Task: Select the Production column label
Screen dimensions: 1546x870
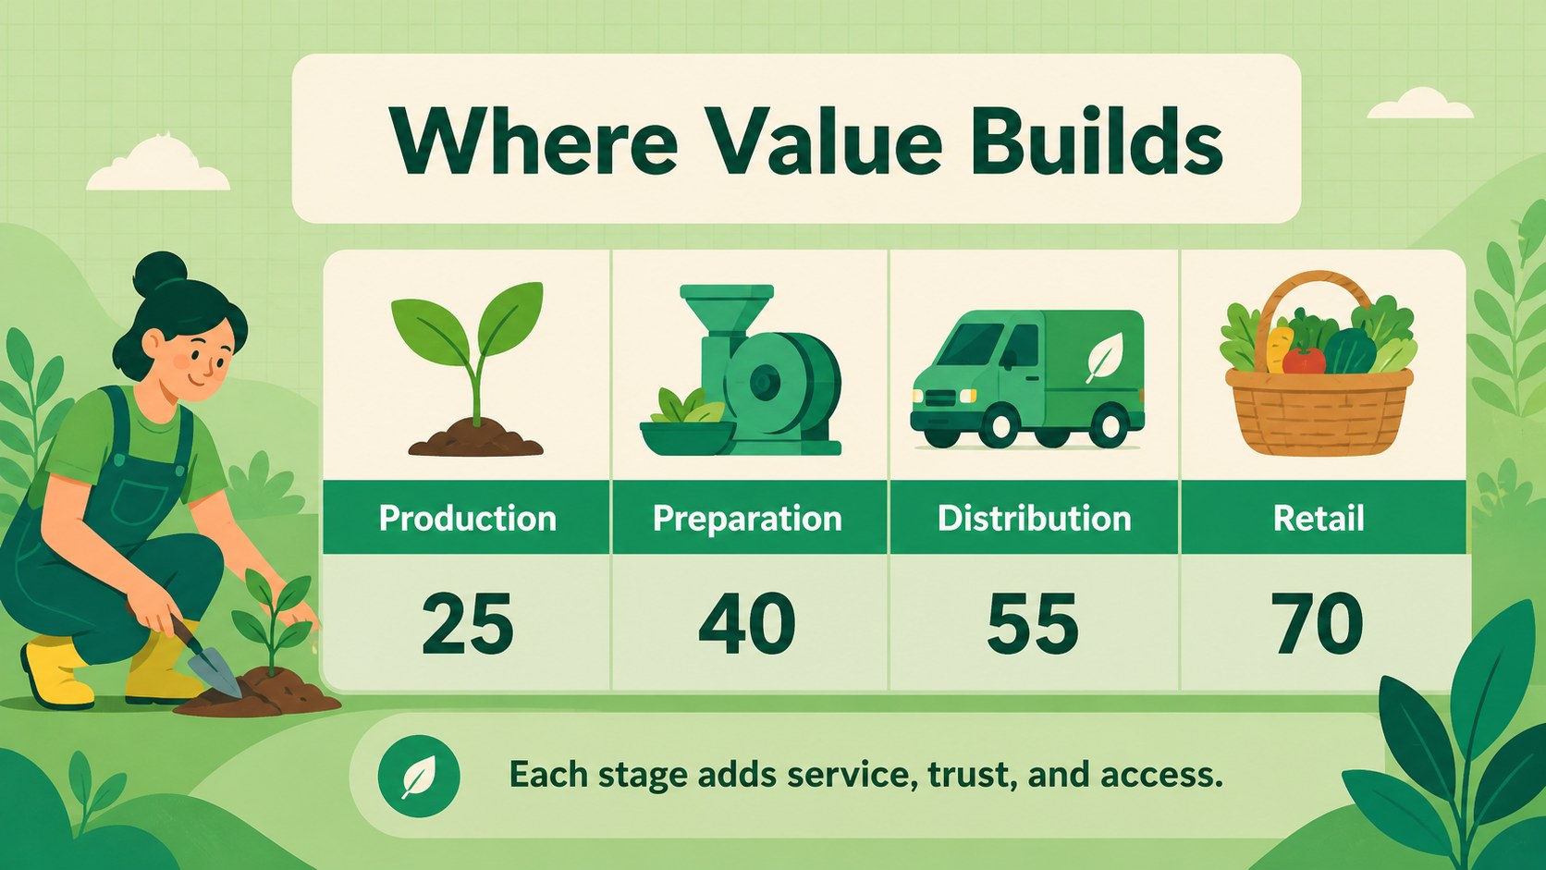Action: pos(468,519)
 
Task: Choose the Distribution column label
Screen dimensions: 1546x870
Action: pos(1035,519)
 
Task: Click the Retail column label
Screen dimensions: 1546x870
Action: pos(1319,519)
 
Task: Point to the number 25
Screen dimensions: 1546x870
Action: pos(468,624)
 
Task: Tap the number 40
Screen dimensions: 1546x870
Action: pos(747,624)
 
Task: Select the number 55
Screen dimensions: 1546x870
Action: pos(1033,624)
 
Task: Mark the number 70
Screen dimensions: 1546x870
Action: pos(1317,624)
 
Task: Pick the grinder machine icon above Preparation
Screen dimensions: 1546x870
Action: pos(742,370)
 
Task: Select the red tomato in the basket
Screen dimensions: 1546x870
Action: pos(1305,361)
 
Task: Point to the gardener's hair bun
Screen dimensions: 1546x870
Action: pos(160,272)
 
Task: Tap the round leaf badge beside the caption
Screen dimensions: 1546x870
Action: pos(419,777)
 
